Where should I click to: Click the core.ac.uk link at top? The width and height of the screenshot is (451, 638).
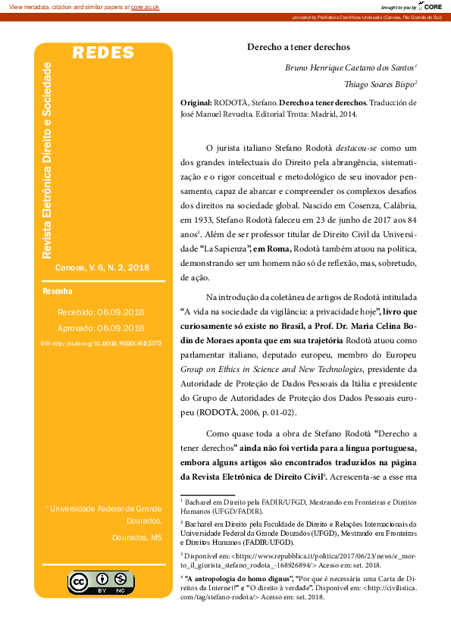[x=145, y=7]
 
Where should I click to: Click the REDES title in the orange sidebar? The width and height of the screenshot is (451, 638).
[x=103, y=53]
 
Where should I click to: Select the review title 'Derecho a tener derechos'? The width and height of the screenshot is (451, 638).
[x=301, y=45]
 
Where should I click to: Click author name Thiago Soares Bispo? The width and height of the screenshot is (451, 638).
[x=381, y=85]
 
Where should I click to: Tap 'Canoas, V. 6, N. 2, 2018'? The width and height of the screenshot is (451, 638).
[x=102, y=267]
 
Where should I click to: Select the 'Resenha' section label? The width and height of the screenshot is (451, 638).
[x=58, y=291]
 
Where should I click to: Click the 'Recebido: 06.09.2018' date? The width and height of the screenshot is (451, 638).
[x=101, y=311]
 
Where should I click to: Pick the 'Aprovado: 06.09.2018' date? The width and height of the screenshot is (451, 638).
[x=101, y=328]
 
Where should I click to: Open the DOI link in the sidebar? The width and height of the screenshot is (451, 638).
[x=101, y=343]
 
